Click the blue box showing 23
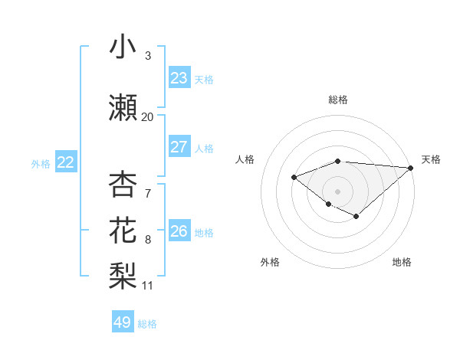coord(179,78)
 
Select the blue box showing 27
coord(179,147)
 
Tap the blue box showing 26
coord(179,231)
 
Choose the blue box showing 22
coord(66,162)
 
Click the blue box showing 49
coord(123,322)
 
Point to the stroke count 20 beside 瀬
coord(147,117)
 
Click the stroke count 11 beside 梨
coord(147,286)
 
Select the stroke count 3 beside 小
coord(148,56)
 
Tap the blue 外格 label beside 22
coord(41,163)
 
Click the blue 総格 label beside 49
coord(147,324)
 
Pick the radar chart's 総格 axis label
coord(338,100)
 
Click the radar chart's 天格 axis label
coord(431,159)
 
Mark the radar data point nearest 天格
coord(411,168)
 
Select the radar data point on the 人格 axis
coord(294,178)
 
